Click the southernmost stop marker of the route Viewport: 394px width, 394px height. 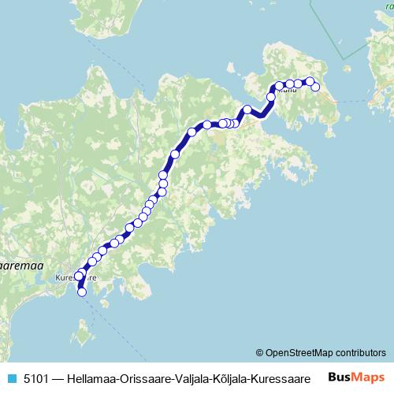pos(81,293)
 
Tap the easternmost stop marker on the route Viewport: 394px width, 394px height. pos(315,87)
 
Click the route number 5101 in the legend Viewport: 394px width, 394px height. pos(35,377)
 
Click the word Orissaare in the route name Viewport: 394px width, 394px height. pos(147,377)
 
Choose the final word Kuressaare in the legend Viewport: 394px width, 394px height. pos(283,377)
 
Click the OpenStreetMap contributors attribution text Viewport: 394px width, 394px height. pos(326,352)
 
